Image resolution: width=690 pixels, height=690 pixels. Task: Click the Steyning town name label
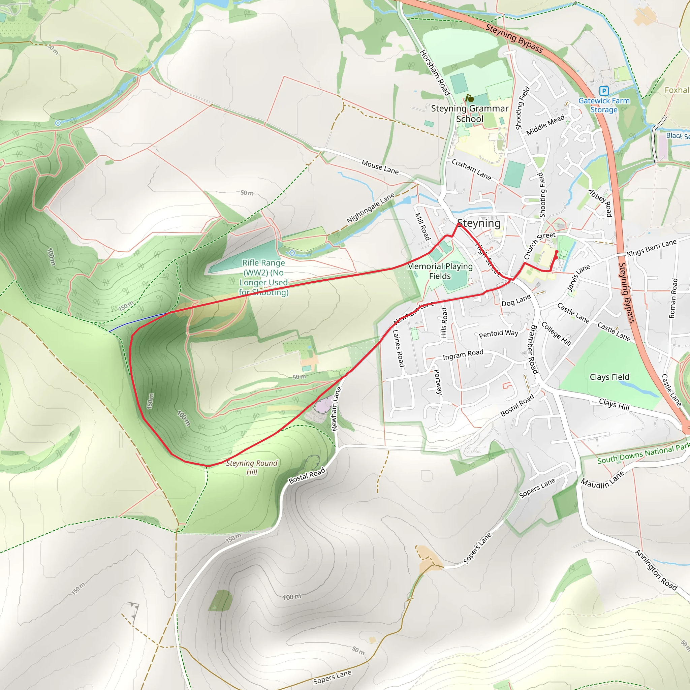479,223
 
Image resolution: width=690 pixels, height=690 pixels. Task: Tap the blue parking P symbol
603,91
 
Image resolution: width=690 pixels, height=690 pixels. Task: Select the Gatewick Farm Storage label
604,105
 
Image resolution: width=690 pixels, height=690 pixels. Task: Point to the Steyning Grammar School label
470,114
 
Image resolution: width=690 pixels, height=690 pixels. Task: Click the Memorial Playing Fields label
440,271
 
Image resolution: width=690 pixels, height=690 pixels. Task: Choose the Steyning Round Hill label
252,468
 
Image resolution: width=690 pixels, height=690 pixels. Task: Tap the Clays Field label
609,377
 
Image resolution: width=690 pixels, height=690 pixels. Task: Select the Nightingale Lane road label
370,208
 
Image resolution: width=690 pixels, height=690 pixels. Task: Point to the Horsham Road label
435,73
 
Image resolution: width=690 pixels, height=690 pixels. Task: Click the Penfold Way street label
499,334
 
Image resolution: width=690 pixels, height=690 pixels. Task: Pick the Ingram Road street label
463,355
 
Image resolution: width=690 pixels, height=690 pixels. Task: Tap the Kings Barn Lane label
652,248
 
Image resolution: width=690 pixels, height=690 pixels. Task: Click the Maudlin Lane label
602,480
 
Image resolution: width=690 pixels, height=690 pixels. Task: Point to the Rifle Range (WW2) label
263,278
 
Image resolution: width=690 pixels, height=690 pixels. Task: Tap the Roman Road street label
673,298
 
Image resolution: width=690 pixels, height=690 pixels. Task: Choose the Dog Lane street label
516,301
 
